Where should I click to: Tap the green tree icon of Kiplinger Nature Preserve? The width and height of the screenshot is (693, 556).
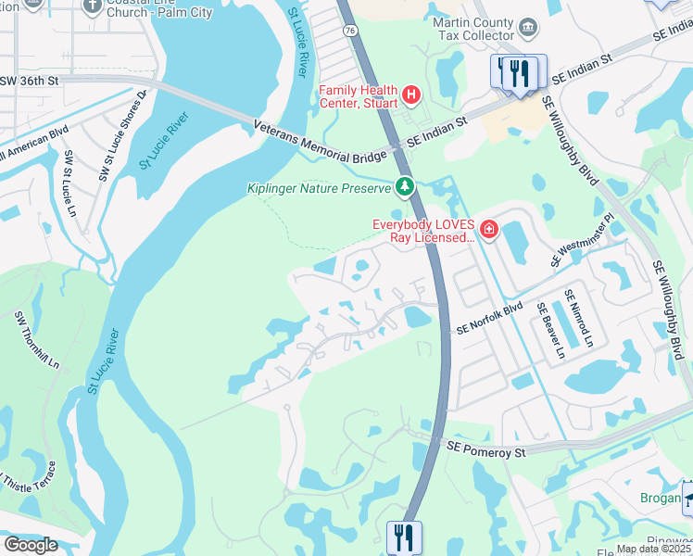404,188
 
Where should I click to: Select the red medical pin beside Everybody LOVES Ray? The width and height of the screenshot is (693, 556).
488,230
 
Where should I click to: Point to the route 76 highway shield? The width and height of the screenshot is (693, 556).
349,82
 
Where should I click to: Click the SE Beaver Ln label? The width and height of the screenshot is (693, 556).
550,331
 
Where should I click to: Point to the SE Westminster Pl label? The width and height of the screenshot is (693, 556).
583,242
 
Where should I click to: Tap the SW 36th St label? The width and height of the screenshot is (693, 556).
30,81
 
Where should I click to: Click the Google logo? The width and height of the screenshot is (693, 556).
31,545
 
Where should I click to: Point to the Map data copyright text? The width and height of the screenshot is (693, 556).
654,549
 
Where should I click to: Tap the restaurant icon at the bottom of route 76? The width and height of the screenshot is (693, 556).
404,537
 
